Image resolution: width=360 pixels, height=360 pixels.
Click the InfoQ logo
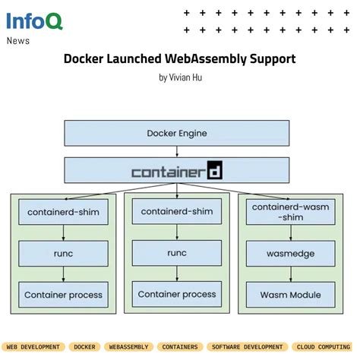coord(35,21)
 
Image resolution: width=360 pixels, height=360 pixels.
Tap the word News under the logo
coord(18,41)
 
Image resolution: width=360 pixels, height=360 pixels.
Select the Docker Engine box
coord(176,134)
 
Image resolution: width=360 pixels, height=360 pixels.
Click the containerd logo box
coord(176,171)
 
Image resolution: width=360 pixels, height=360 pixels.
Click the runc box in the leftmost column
coord(62,253)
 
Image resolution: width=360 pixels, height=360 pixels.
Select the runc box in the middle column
coord(176,252)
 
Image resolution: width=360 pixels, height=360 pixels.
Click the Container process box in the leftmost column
coord(62,295)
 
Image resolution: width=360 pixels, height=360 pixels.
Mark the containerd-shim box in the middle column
coord(176,211)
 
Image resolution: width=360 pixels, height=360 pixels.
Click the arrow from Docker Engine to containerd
coord(176,152)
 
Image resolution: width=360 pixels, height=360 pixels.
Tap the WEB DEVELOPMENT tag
coord(33,347)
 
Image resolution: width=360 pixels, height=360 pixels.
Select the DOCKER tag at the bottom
coord(84,347)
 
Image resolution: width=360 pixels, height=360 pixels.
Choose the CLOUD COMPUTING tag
coord(328,347)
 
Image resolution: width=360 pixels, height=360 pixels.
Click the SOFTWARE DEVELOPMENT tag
coord(248,347)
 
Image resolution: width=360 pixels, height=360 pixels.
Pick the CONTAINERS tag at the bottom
coord(180,347)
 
